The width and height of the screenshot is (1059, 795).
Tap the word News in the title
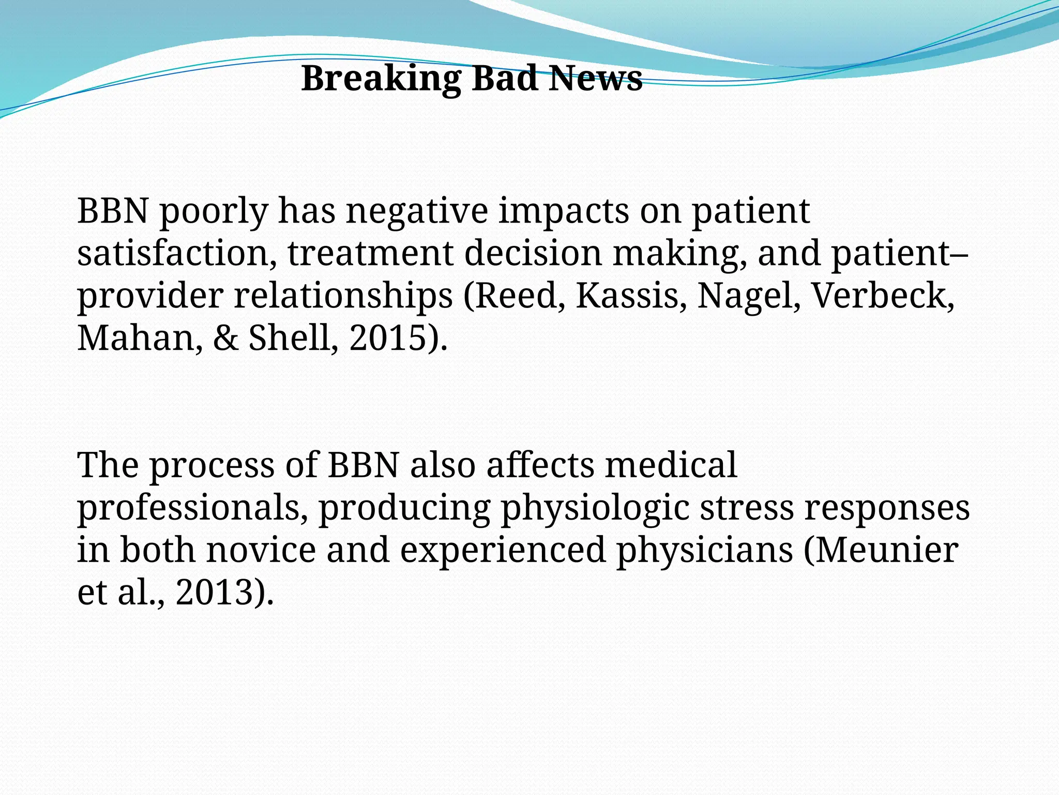(595, 79)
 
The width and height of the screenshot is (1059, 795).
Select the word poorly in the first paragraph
(214, 212)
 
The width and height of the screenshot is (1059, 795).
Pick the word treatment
(370, 254)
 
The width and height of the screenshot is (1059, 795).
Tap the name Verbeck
(883, 296)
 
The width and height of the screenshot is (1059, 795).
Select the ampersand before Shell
(226, 338)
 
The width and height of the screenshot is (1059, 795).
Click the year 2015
(395, 338)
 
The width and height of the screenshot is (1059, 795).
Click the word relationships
(343, 297)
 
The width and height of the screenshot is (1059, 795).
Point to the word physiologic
(595, 508)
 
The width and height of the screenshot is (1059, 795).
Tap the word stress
(746, 508)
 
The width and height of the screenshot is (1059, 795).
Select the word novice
(261, 550)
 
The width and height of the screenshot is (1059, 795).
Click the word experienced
(503, 551)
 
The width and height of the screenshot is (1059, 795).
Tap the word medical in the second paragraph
(671, 465)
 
